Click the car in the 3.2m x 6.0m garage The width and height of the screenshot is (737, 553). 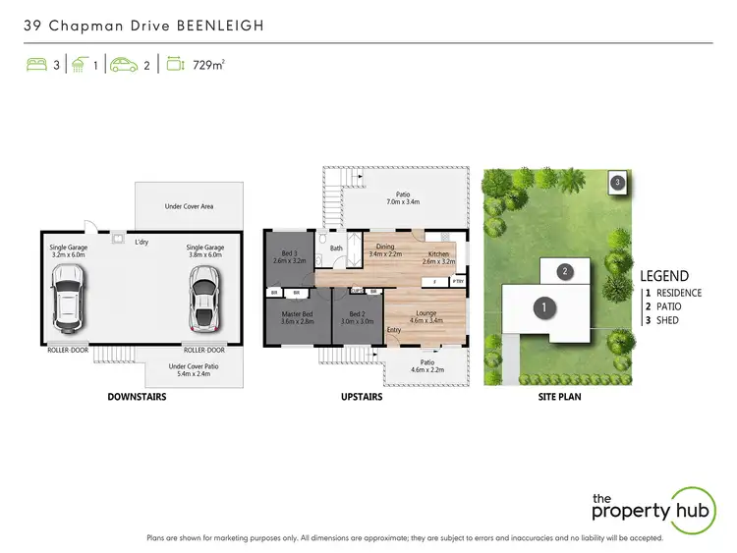pos(68,301)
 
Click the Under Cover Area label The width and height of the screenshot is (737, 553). pos(189,206)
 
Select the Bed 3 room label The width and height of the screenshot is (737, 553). pos(287,257)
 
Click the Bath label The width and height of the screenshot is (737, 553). pos(336,249)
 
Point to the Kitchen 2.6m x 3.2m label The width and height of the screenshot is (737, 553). pos(438,257)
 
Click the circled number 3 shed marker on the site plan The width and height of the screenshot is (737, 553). pos(617,183)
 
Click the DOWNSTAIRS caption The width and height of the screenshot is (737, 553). pos(136,398)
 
